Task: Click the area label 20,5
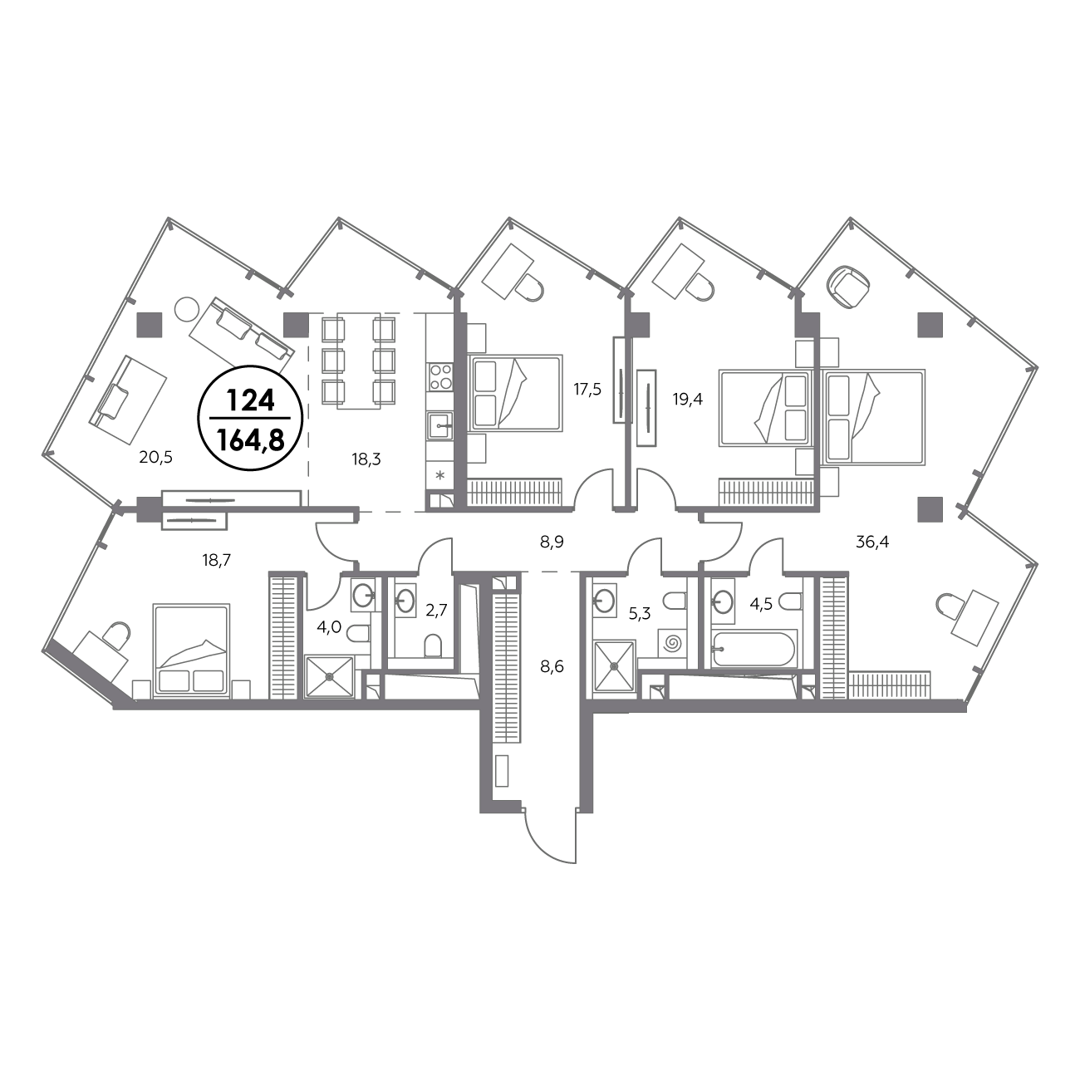(156, 458)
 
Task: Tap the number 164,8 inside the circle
(250, 441)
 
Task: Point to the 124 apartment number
(250, 400)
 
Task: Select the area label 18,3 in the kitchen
(366, 459)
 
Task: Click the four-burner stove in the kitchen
(440, 376)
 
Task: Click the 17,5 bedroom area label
(587, 389)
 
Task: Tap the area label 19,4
(687, 399)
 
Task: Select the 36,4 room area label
(872, 542)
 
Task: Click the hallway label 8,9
(552, 542)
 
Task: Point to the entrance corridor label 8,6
(552, 666)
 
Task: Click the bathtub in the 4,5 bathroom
(753, 649)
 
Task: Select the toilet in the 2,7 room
(433, 646)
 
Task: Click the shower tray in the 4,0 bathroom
(329, 676)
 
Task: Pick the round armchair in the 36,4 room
(852, 287)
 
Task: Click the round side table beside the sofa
(185, 308)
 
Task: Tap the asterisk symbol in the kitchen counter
(440, 476)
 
